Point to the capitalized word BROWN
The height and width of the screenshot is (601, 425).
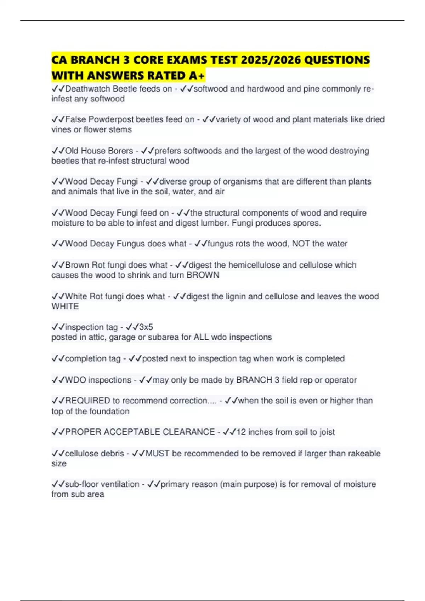pyautogui.click(x=203, y=275)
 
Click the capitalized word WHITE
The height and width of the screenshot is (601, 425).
pyautogui.click(x=65, y=307)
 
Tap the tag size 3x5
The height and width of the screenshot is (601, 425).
pyautogui.click(x=146, y=327)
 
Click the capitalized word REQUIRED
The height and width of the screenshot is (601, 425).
pyautogui.click(x=87, y=401)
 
